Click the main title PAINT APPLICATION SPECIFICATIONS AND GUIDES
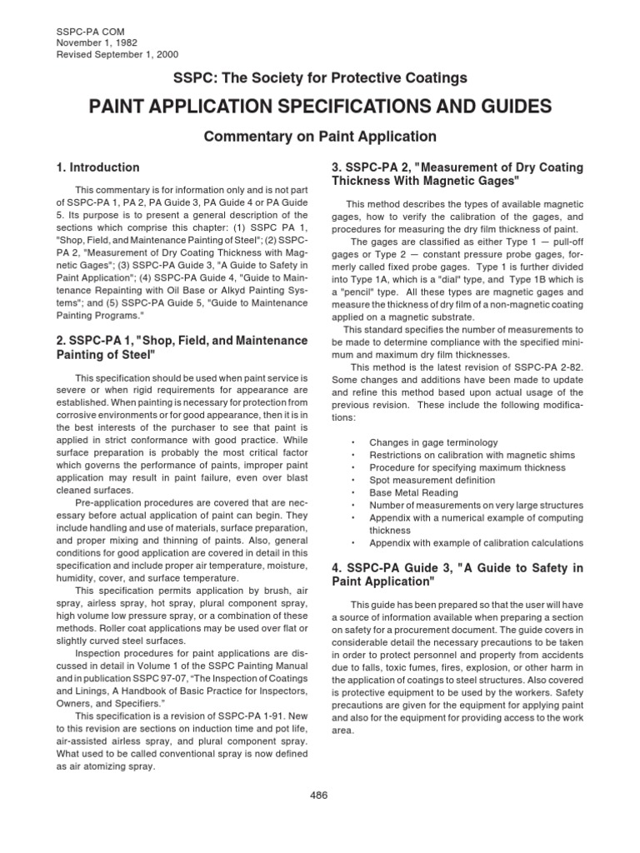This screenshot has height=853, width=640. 319,107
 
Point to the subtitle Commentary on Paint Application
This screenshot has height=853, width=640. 320,136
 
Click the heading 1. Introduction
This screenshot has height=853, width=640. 97,167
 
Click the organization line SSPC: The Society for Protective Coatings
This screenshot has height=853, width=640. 319,78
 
